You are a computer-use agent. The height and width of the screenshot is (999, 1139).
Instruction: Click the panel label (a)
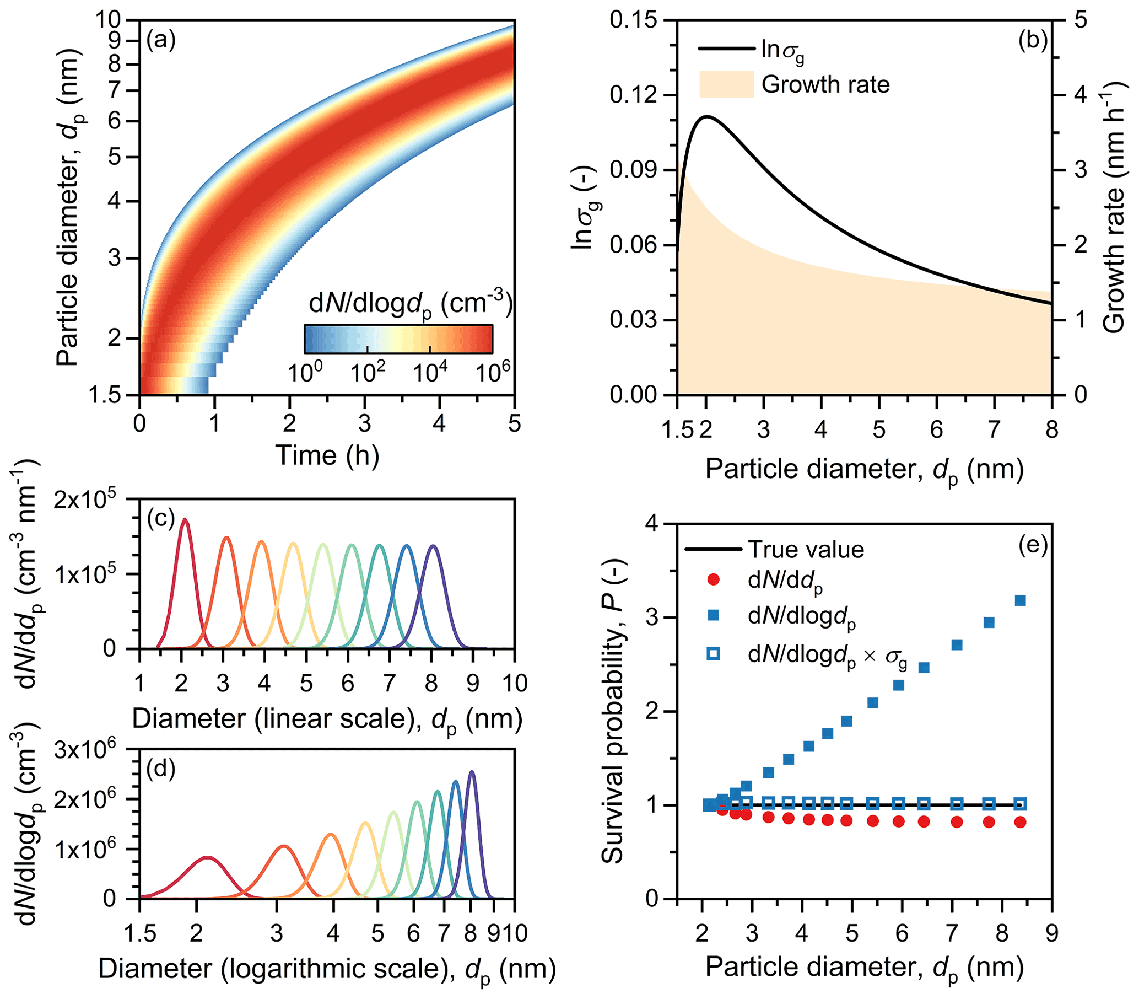(161, 41)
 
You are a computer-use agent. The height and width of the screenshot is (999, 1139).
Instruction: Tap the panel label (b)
(1033, 41)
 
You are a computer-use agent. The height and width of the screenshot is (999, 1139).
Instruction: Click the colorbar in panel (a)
(398, 339)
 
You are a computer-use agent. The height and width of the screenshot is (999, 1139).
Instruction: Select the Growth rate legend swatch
(726, 85)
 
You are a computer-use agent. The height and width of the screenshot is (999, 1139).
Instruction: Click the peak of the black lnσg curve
(706, 116)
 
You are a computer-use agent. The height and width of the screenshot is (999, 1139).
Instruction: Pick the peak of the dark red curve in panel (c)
(185, 519)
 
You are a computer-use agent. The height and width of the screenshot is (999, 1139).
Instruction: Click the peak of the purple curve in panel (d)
(472, 772)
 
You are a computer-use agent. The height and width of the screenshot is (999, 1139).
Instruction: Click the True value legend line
(712, 550)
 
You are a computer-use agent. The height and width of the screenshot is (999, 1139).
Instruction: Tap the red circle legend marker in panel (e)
(713, 580)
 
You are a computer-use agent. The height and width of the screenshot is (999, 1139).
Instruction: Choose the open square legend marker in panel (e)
(713, 654)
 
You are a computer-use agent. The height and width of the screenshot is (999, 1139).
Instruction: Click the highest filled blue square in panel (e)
(1021, 600)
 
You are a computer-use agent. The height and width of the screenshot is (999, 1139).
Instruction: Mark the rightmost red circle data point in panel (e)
(1021, 822)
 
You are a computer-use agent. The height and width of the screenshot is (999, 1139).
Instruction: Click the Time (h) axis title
(327, 455)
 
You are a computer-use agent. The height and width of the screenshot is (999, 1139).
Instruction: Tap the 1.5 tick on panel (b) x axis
(678, 430)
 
